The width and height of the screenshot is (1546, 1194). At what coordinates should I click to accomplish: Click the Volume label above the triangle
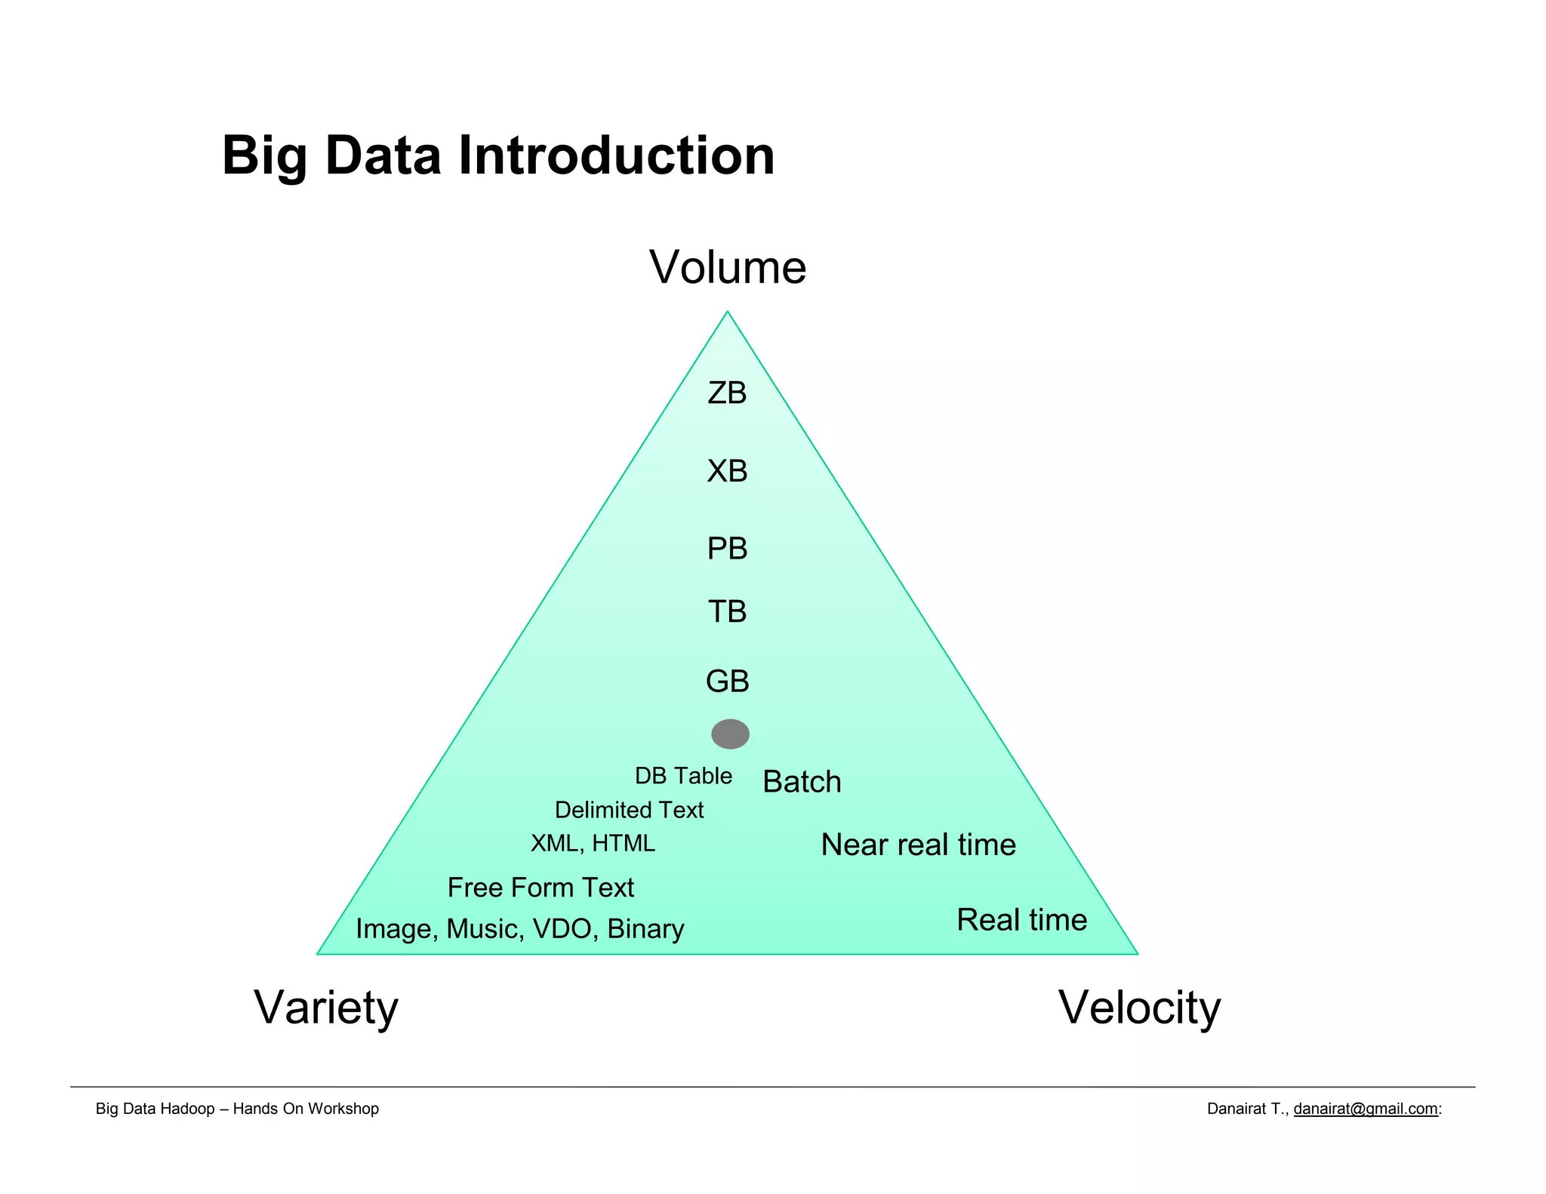pos(728,268)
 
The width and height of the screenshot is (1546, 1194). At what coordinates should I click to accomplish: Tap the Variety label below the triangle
pos(325,1008)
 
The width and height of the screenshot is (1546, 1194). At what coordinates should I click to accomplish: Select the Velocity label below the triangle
pos(1139,1008)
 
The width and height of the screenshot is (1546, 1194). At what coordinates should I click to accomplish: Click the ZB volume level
pos(727,393)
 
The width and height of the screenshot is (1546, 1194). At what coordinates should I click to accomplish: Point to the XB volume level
pos(727,471)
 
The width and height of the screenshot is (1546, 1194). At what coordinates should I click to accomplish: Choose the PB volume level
pos(727,549)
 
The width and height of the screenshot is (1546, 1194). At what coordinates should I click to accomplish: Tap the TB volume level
pos(727,611)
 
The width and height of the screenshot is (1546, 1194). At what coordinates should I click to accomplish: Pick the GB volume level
pos(727,682)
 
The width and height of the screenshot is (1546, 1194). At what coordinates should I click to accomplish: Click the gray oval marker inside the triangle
pos(730,734)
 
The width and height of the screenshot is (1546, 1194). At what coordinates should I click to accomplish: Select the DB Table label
pos(683,776)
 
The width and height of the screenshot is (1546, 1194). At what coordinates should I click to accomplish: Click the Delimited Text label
pos(629,810)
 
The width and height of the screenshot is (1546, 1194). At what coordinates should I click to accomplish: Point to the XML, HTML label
pos(593,843)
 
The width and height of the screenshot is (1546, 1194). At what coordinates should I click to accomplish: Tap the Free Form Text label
pos(540,888)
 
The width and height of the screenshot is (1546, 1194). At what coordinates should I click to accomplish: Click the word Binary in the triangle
pos(645,929)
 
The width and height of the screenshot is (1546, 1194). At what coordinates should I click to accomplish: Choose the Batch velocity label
pos(802,782)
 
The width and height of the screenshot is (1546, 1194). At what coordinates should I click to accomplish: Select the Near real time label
pos(918,845)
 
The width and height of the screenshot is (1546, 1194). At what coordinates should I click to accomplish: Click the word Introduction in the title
pos(616,156)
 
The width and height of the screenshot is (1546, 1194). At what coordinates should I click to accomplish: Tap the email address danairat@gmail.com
pos(1365,1109)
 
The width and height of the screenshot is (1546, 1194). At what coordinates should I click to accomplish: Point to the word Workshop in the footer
pos(343,1109)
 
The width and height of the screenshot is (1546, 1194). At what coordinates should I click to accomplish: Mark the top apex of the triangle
pos(727,312)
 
